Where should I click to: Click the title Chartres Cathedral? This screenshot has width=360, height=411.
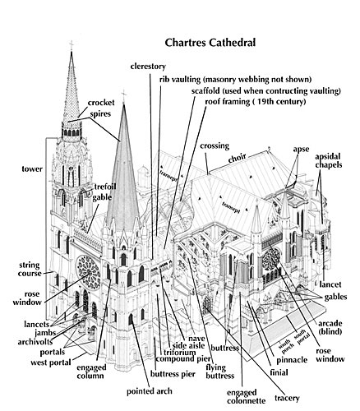[x=210, y=43]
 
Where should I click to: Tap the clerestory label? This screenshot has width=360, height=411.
[x=148, y=67]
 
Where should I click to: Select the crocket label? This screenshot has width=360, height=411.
[x=101, y=103]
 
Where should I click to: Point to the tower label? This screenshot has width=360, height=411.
[x=32, y=169]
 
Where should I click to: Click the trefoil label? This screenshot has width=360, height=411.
[x=105, y=187]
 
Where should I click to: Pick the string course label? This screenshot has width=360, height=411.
[x=30, y=270]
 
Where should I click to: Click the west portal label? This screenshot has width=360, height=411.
[x=51, y=363]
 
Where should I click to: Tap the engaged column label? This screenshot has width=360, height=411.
[x=91, y=372]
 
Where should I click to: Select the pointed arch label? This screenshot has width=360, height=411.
[x=150, y=391]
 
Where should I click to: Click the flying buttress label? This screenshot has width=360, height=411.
[x=220, y=372]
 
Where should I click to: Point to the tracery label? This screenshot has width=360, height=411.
[x=287, y=398]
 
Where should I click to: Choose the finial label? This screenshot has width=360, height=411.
[x=279, y=372]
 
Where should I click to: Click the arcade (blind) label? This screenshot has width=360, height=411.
[x=330, y=327]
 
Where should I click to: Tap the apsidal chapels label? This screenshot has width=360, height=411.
[x=328, y=161]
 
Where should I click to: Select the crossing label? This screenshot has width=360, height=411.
[x=215, y=146]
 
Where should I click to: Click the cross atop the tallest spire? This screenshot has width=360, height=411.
[x=72, y=45]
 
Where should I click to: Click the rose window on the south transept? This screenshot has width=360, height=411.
[x=271, y=258]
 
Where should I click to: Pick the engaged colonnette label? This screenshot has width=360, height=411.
[x=246, y=397]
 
